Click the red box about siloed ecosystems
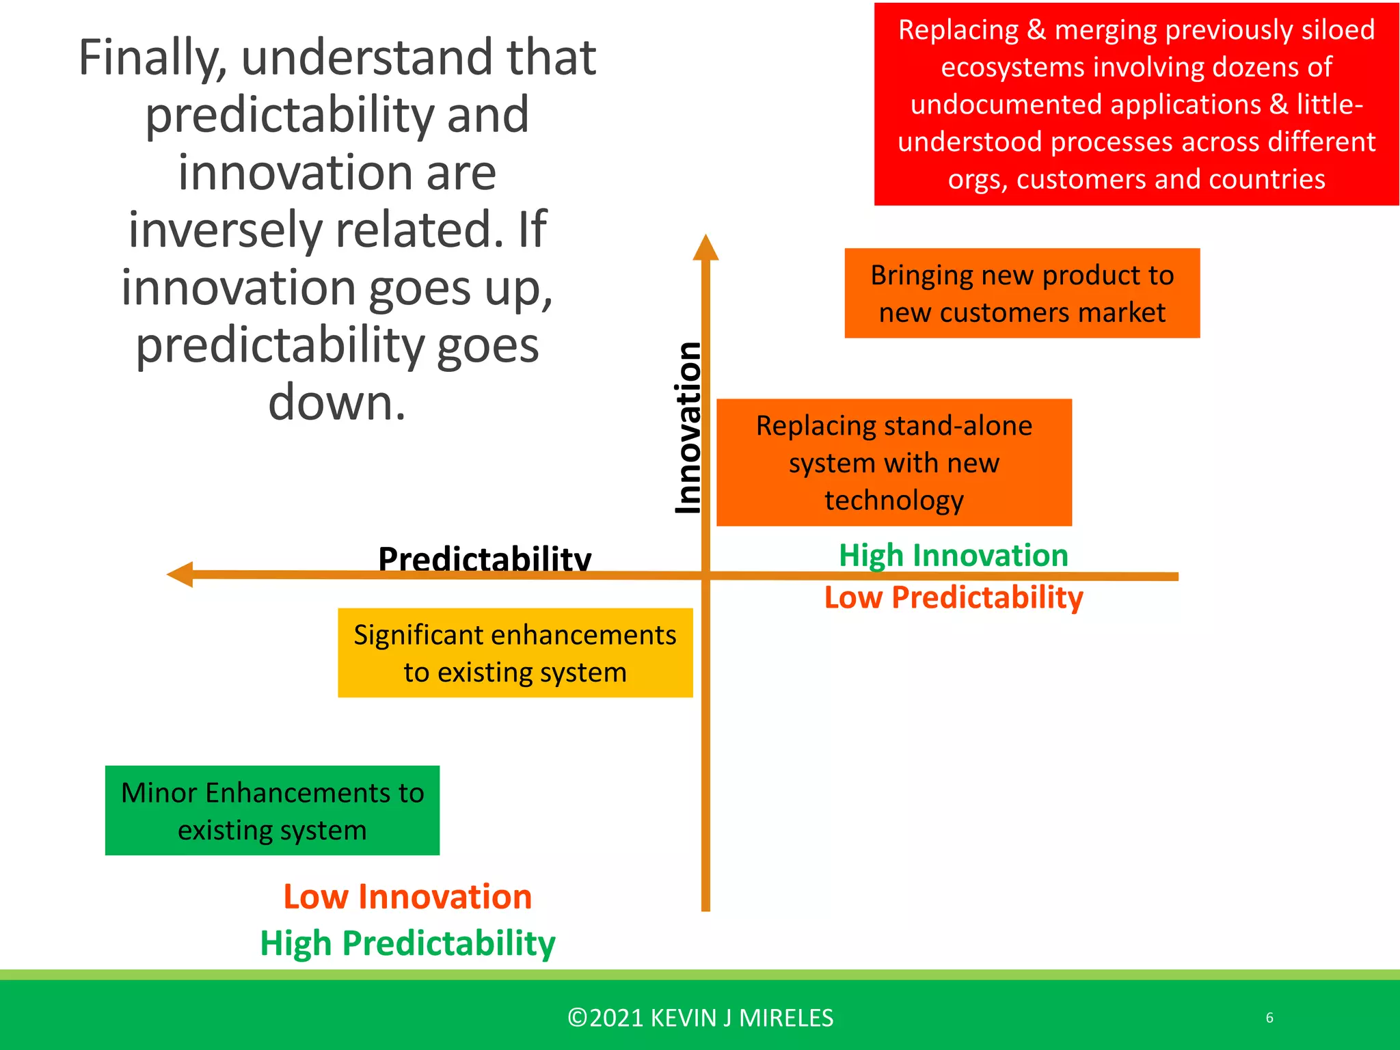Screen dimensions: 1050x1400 pyautogui.click(x=1136, y=104)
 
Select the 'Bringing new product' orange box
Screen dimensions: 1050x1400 pyautogui.click(x=1022, y=293)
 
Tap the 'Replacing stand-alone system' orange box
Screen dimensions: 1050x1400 pyautogui.click(x=893, y=463)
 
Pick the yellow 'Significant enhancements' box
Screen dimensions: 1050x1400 pyautogui.click(x=515, y=653)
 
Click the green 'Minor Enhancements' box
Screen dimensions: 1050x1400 pyautogui.click(x=272, y=811)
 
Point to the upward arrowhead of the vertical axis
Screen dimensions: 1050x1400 pyautogui.click(x=705, y=247)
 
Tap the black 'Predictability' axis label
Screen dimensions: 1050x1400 pyautogui.click(x=484, y=558)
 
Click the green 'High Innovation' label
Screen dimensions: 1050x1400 pyautogui.click(x=953, y=555)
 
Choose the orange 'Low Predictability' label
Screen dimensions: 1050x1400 pyautogui.click(x=953, y=597)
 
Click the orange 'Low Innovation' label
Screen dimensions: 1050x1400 pyautogui.click(x=407, y=896)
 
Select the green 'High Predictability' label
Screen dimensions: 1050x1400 pyautogui.click(x=407, y=943)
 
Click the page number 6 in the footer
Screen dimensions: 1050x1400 pyautogui.click(x=1269, y=1018)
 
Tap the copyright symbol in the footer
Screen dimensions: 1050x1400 pyautogui.click(x=578, y=1018)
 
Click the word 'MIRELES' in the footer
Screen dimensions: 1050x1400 pyautogui.click(x=786, y=1018)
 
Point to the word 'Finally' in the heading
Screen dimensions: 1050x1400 pyautogui.click(x=152, y=58)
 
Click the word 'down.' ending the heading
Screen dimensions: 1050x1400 pyautogui.click(x=337, y=403)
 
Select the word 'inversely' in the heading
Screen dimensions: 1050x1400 pyautogui.click(x=226, y=230)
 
